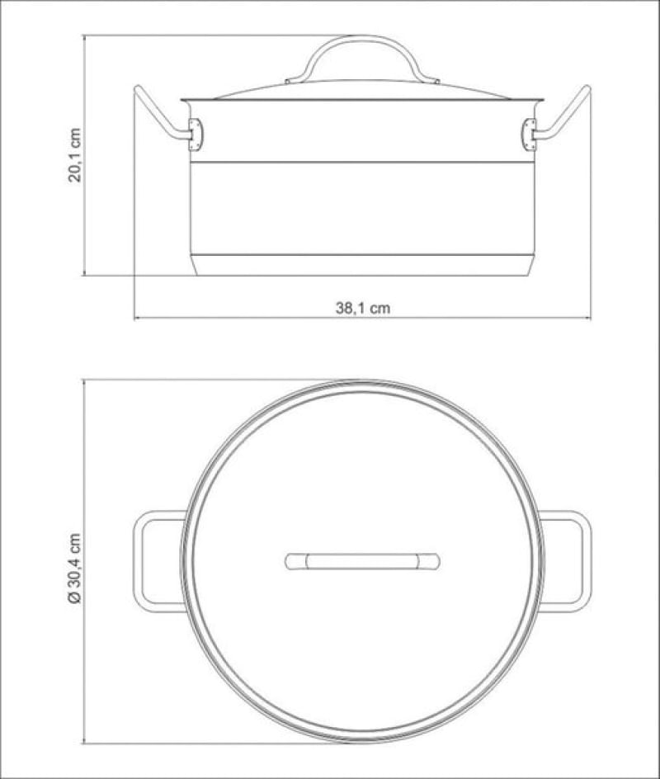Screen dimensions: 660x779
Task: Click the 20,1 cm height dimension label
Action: pos(74,155)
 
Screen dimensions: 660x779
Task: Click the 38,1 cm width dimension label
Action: pos(363,308)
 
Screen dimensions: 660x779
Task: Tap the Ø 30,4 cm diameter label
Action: pos(74,569)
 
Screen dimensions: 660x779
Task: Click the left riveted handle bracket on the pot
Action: pos(195,135)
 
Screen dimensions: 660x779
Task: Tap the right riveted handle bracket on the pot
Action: pos(530,135)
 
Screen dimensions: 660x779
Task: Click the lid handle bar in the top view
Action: pos(362,561)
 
